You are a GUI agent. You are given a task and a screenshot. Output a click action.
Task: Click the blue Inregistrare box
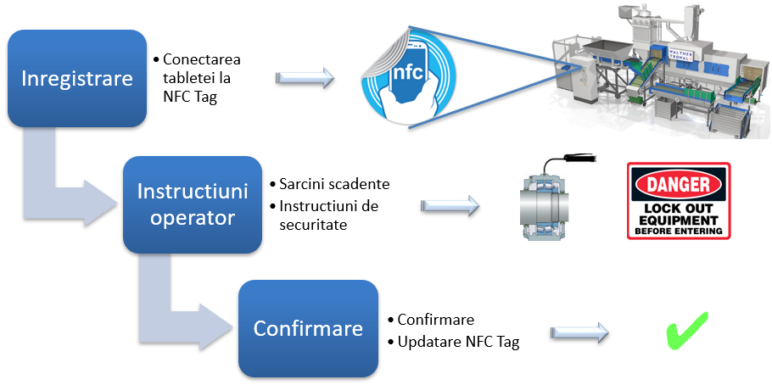pyautogui.click(x=77, y=79)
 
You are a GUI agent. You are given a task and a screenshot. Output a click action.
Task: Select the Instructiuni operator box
pyautogui.click(x=193, y=204)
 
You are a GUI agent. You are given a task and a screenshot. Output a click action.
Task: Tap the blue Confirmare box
pyautogui.click(x=308, y=328)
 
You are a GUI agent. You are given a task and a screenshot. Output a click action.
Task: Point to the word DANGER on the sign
pyautogui.click(x=678, y=183)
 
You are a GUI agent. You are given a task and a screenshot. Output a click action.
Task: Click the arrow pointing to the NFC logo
pyautogui.click(x=305, y=79)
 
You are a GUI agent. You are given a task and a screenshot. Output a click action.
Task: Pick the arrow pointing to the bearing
pyautogui.click(x=450, y=206)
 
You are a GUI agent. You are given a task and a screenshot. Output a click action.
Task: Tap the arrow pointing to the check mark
pyautogui.click(x=580, y=333)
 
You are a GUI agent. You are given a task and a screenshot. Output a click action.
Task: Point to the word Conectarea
pyautogui.click(x=202, y=60)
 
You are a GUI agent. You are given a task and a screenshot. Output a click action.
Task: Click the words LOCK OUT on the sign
pyautogui.click(x=678, y=206)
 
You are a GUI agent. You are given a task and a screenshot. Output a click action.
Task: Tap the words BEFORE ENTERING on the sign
pyautogui.click(x=678, y=230)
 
